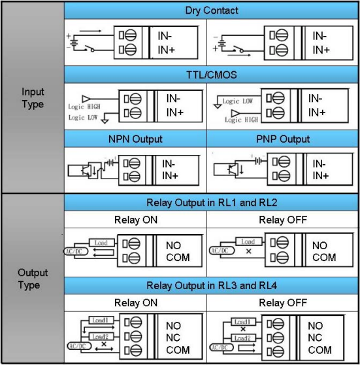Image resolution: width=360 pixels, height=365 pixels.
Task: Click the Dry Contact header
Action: coord(212,10)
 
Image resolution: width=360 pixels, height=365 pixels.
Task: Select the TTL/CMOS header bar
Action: coord(212,75)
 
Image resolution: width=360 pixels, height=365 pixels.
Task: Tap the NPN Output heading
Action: coord(135,139)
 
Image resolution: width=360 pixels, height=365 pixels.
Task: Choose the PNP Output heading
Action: coord(283,139)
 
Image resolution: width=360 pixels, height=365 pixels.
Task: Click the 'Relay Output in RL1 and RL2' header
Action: coord(212,203)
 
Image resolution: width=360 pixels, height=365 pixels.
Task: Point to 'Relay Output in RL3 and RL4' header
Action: coord(212,285)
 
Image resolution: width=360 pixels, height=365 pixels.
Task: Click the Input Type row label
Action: coord(33,97)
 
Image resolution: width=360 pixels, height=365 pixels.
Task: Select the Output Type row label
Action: coord(33,279)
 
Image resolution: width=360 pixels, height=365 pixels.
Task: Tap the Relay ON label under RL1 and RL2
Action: coord(136,220)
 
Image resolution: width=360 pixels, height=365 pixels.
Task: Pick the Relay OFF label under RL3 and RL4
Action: coord(283,303)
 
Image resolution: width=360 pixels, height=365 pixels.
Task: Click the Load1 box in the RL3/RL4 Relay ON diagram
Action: coord(101,321)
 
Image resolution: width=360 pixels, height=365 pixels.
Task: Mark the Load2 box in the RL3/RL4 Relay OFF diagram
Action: coord(243,338)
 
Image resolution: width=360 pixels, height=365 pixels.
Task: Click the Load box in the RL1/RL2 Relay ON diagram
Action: coord(102,243)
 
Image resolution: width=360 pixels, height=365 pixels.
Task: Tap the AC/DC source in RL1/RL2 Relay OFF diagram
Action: coord(221,251)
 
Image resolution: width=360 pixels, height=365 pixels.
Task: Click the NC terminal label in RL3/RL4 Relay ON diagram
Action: coord(173,338)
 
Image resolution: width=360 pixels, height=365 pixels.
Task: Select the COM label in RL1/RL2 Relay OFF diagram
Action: coord(324,258)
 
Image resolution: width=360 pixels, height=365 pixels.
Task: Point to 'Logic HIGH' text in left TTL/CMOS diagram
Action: coord(84,107)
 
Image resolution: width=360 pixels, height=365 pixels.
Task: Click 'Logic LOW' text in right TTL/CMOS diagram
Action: coord(237,101)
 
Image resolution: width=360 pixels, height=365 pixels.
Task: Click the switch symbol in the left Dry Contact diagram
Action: coord(90,48)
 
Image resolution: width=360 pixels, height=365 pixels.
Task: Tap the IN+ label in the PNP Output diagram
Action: coord(320,176)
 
